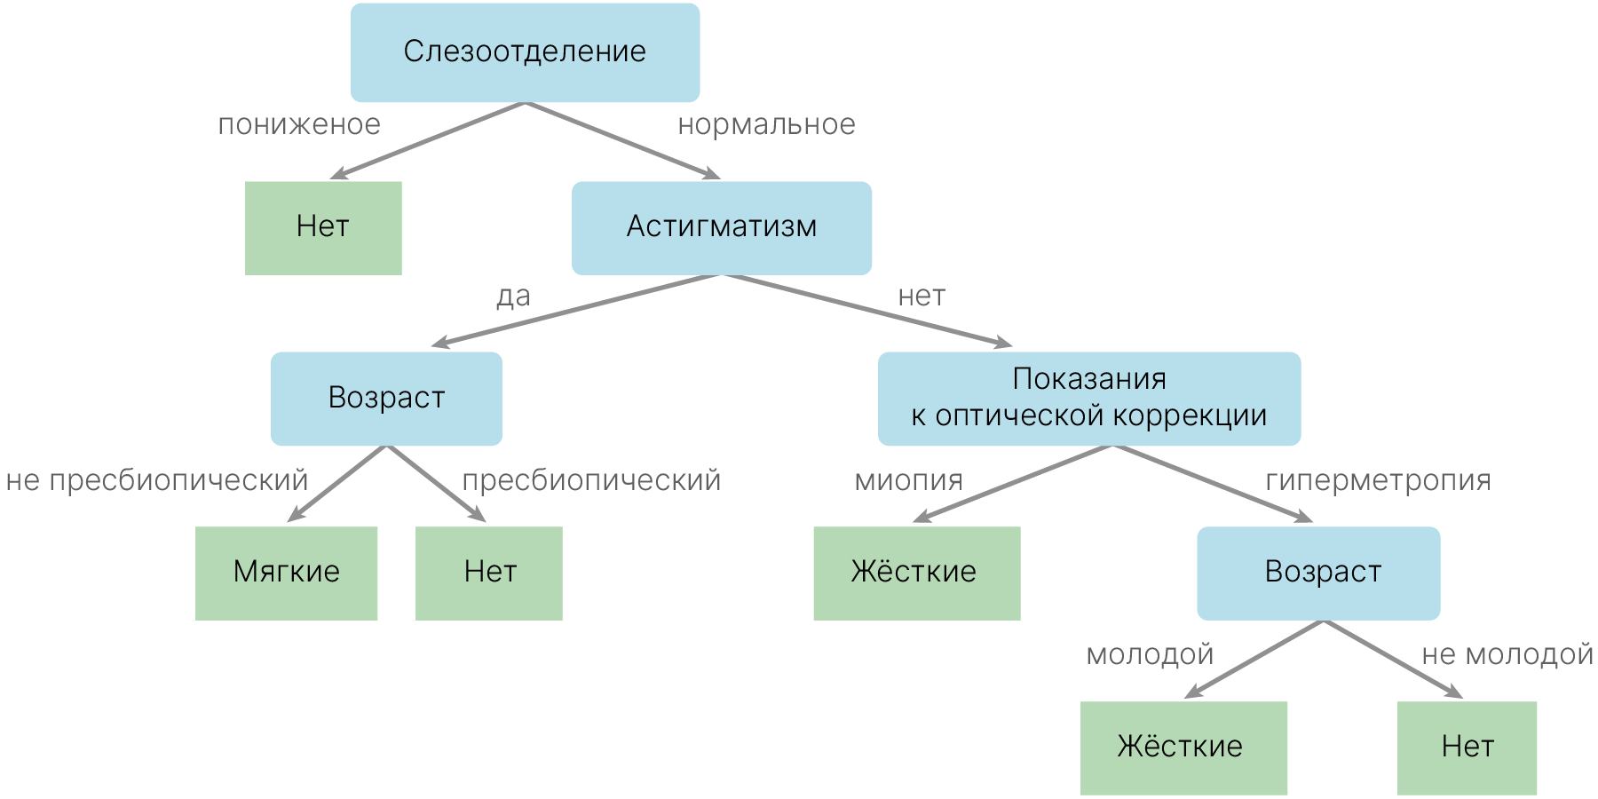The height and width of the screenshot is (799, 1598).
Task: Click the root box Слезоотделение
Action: (x=525, y=52)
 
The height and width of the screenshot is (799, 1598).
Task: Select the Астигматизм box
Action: (x=721, y=227)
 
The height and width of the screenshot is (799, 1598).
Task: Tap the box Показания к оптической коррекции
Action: (x=1088, y=398)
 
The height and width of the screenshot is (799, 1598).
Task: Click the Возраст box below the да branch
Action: (x=386, y=398)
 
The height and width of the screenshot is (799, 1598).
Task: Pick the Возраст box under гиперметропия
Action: (x=1317, y=573)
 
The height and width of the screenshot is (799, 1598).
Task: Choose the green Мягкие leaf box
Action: (x=286, y=573)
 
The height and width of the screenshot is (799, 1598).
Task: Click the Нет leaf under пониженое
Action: (x=323, y=227)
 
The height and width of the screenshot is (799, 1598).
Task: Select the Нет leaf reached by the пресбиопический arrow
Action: (x=489, y=573)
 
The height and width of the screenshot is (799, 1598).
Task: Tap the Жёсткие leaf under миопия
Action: (x=916, y=573)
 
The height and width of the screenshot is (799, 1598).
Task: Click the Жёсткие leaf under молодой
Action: (x=1183, y=748)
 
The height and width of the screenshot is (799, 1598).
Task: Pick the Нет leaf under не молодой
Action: (x=1467, y=748)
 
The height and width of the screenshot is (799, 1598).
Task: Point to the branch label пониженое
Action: (x=299, y=125)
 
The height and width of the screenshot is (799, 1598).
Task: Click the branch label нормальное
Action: (x=766, y=125)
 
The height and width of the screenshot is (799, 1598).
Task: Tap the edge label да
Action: (x=513, y=297)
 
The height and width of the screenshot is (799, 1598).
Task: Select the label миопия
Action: (x=908, y=480)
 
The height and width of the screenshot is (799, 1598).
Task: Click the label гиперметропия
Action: (x=1378, y=480)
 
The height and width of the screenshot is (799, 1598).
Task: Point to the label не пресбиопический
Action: (x=157, y=480)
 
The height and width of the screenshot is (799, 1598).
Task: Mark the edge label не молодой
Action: (x=1507, y=655)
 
